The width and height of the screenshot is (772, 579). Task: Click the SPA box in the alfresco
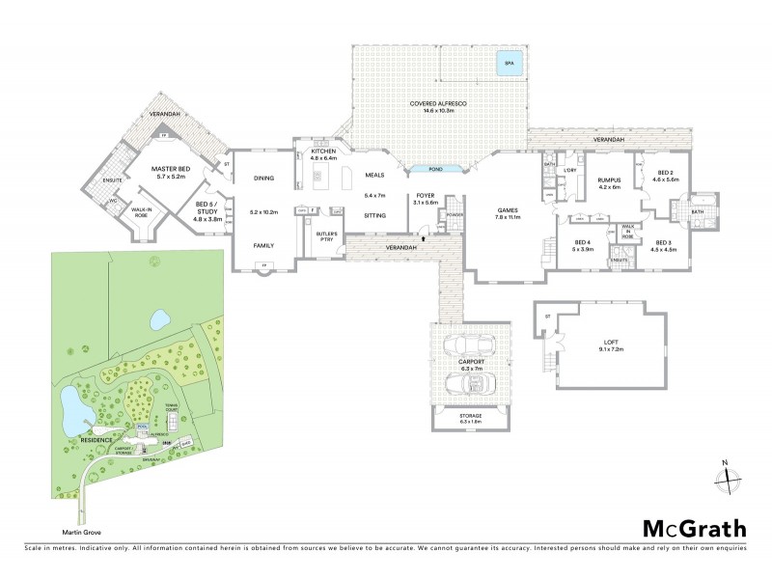point(509,65)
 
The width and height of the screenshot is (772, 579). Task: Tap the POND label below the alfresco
point(435,169)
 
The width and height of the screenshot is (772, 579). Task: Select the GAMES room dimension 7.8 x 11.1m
point(508,217)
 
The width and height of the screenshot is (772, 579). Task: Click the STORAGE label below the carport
point(470,415)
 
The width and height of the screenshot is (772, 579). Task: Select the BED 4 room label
point(582,242)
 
